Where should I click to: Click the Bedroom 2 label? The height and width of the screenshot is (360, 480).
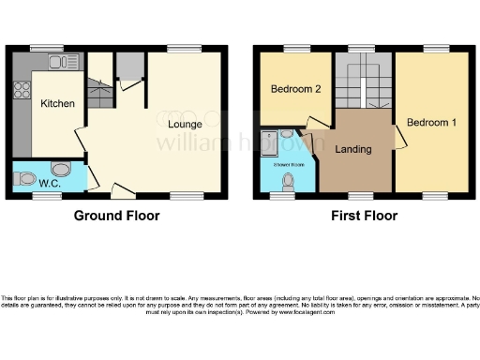coord(295,90)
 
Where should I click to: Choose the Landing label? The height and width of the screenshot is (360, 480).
coord(352,149)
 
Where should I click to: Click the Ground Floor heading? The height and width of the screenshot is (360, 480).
coord(117,216)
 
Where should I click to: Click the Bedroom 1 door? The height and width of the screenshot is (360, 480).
coord(400,139)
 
